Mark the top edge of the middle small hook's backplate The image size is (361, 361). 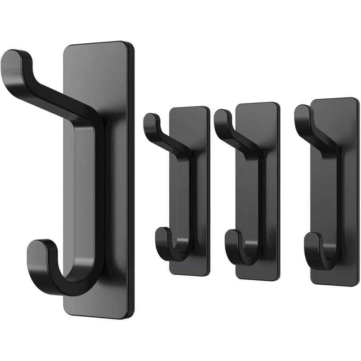[x=257, y=104]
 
